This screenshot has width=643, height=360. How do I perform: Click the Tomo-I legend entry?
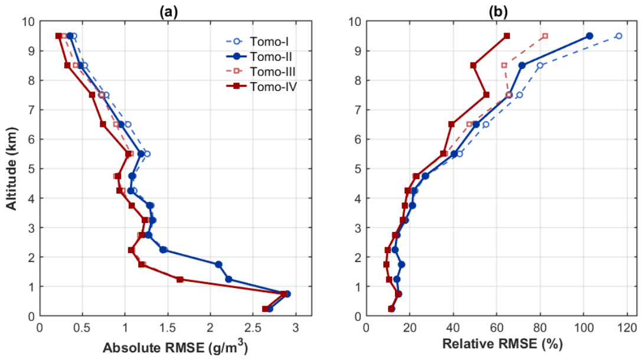point(260,41)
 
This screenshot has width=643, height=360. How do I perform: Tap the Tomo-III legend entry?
point(261,71)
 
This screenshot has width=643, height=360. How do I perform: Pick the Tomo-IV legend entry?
point(261,87)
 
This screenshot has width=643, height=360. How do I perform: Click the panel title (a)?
point(168,12)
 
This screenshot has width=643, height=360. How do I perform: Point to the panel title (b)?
point(498,12)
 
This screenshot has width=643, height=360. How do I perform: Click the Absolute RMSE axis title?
point(175,347)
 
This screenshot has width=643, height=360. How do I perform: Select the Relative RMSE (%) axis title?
point(502,344)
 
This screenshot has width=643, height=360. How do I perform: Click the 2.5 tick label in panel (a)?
point(253,328)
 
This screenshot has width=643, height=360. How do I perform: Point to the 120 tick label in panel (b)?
point(627,328)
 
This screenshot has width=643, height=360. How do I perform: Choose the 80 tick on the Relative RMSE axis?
point(540,328)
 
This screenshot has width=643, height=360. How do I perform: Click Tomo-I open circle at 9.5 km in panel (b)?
point(619,36)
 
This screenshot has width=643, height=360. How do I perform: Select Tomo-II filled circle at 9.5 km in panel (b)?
point(589,36)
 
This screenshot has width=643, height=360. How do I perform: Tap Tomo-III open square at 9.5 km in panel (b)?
point(545,36)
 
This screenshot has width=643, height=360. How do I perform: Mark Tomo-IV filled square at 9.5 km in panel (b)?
point(507,36)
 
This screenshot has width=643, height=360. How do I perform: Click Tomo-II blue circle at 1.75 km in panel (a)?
point(218,264)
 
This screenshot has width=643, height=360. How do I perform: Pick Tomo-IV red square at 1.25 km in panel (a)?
point(179,279)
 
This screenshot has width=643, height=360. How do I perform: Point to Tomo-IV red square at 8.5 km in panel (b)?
point(473,65)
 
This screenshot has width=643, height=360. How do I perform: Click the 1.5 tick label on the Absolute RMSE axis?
point(168,328)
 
